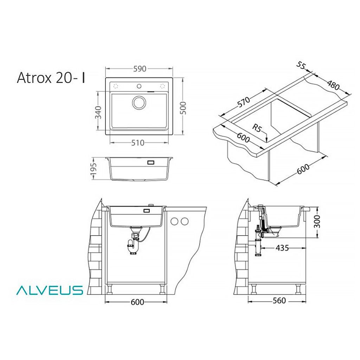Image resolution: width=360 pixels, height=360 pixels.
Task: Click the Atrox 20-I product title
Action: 51,78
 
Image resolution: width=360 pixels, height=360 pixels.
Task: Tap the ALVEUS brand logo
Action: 49,290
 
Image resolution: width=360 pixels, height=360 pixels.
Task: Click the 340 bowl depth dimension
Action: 98,112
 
